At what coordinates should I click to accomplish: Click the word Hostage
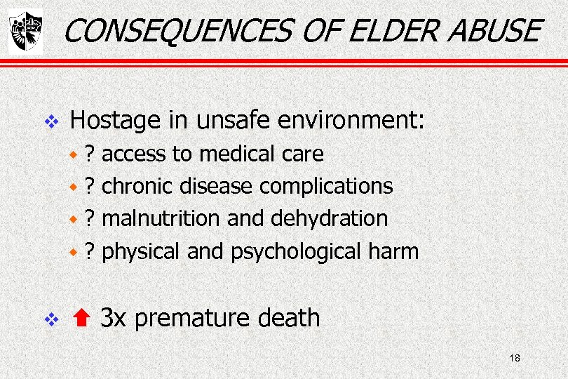[x=115, y=121]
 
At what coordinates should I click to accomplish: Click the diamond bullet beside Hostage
[x=49, y=122]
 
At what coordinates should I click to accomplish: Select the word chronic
[x=138, y=186]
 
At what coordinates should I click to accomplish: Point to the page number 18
[x=515, y=359]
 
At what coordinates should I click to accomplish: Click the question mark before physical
[x=89, y=251]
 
